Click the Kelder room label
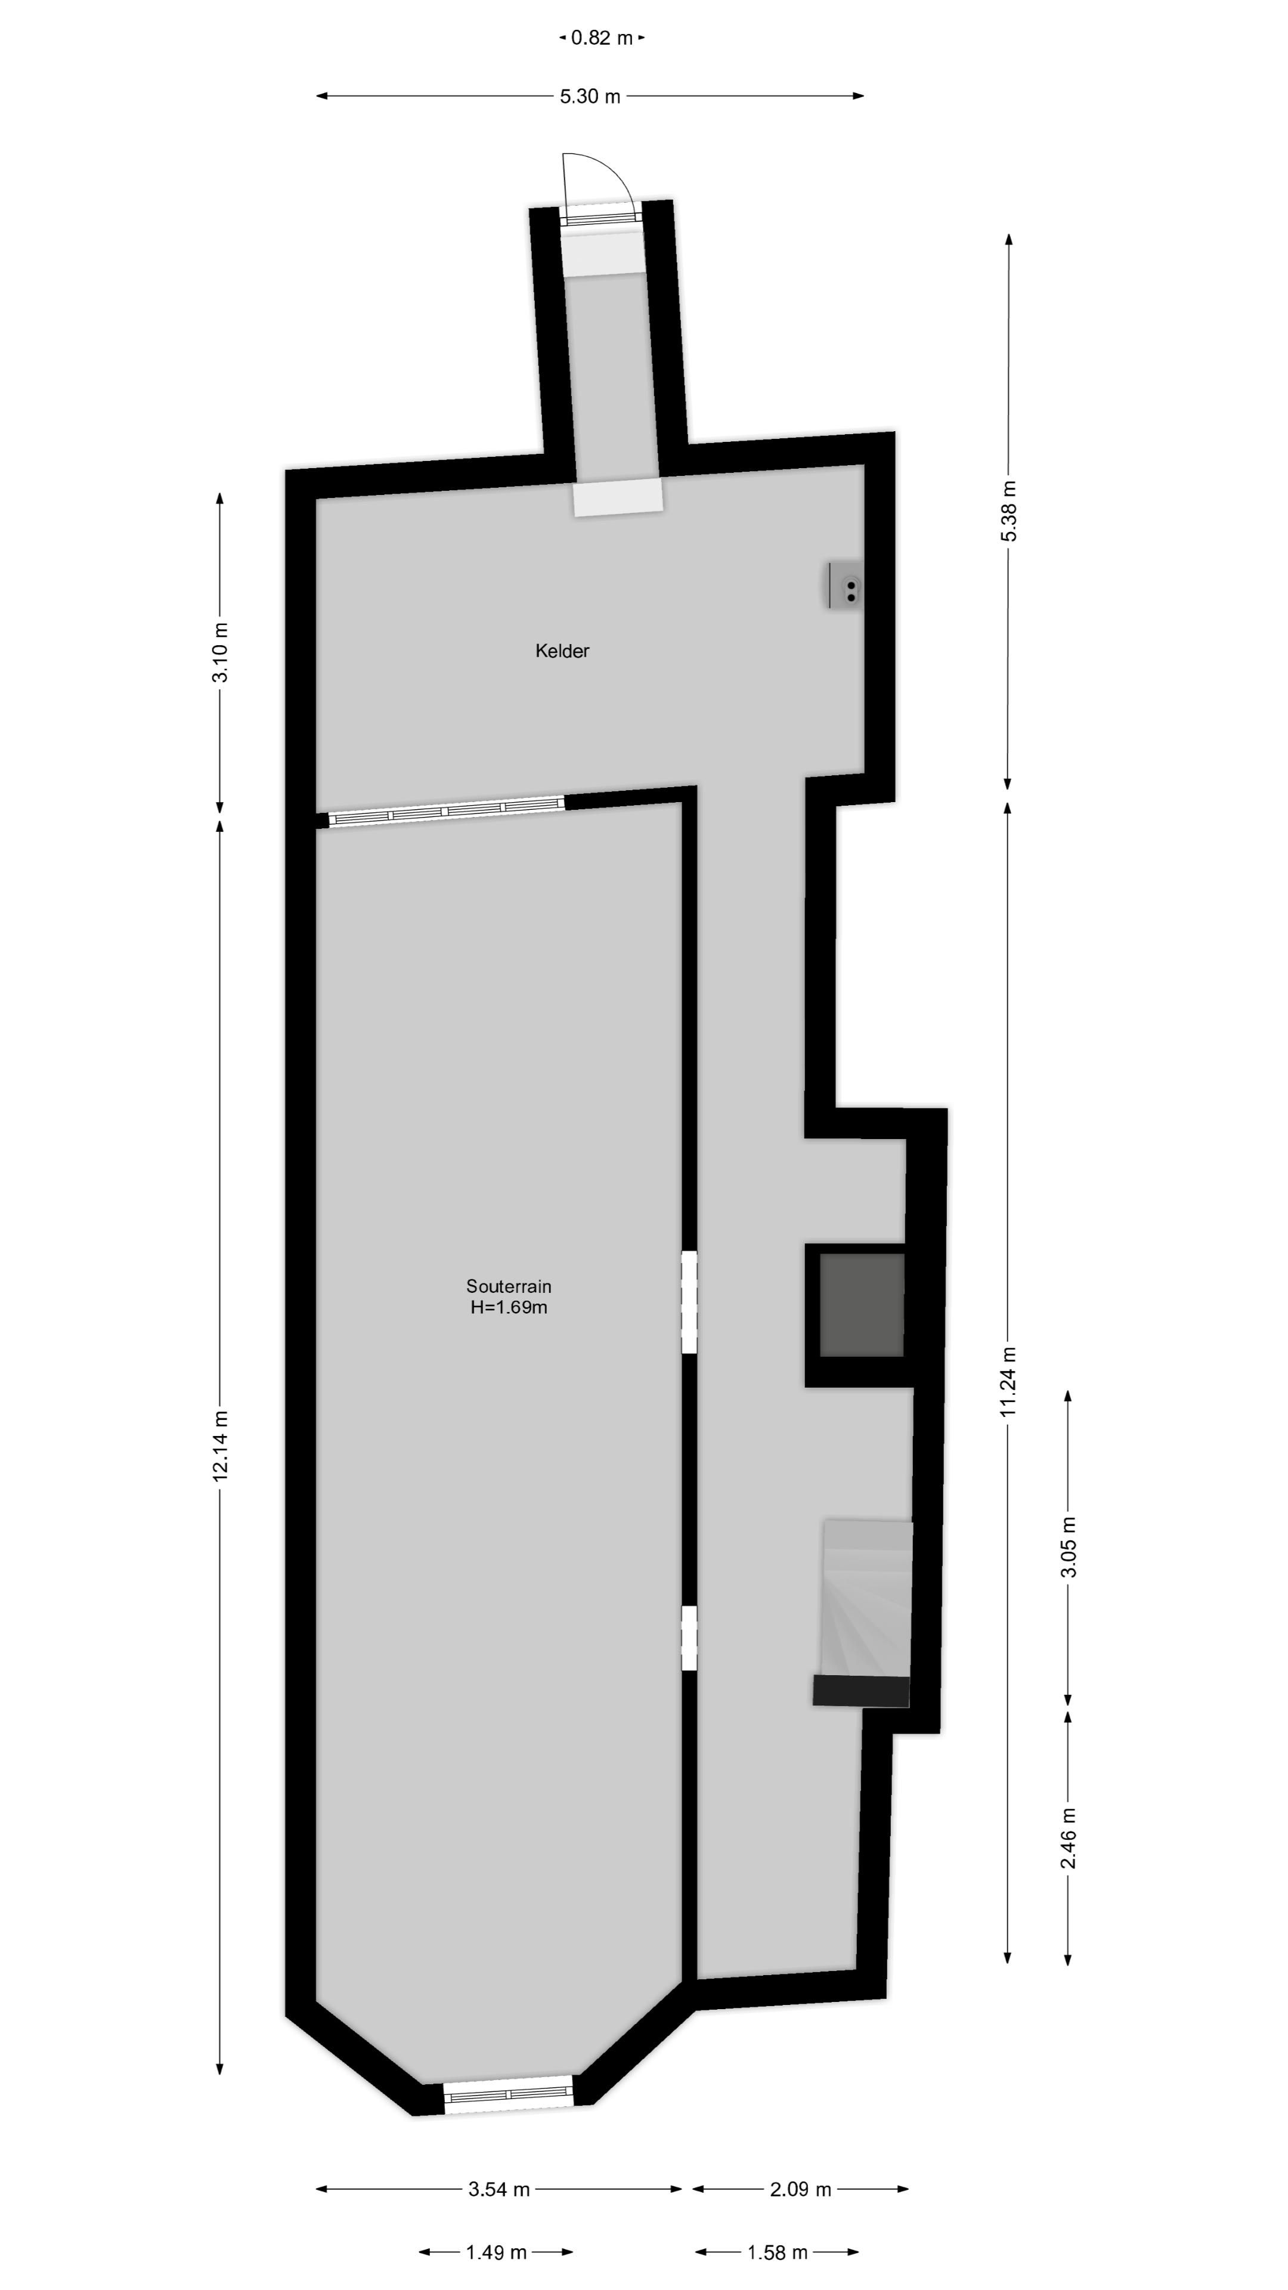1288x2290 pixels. (x=562, y=651)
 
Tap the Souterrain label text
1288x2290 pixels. (x=509, y=1286)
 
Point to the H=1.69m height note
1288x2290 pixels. (x=509, y=1307)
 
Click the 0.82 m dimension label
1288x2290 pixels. (x=602, y=38)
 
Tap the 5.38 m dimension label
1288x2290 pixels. (x=1008, y=511)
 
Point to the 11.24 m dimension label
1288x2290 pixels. (x=1008, y=1382)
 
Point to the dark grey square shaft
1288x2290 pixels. (x=860, y=1305)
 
